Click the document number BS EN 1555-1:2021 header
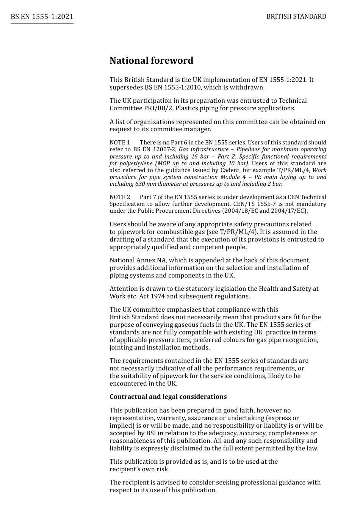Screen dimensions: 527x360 click(x=42, y=17)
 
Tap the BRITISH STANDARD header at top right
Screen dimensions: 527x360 click(x=296, y=16)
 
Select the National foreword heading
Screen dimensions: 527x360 click(x=151, y=61)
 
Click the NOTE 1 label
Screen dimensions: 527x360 click(x=120, y=143)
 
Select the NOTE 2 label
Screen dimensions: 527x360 click(x=120, y=197)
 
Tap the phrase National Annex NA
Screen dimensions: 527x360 click(x=138, y=260)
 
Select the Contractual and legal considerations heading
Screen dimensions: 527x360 click(x=168, y=397)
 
